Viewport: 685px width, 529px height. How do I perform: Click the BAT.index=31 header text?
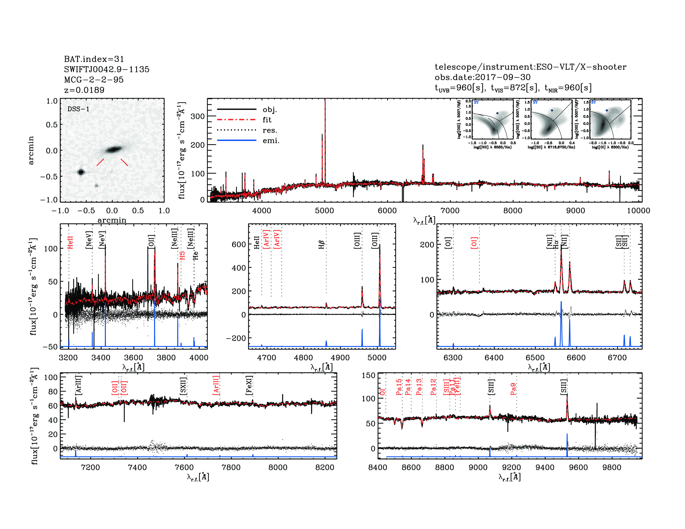(x=94, y=59)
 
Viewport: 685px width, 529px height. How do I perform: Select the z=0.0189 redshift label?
(x=84, y=90)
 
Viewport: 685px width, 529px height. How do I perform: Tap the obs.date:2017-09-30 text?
(x=482, y=77)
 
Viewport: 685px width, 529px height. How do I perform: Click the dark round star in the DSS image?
(x=81, y=172)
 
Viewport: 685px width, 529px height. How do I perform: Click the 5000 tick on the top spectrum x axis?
(x=324, y=211)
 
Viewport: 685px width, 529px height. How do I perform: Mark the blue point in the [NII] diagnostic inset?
(x=497, y=113)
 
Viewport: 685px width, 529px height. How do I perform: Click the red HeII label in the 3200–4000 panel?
(x=70, y=243)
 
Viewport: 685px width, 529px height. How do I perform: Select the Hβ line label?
(x=321, y=245)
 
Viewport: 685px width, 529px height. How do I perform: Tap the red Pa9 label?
(x=513, y=389)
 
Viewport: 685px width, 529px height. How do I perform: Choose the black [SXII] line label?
(x=183, y=386)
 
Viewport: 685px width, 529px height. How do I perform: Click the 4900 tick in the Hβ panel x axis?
(x=340, y=358)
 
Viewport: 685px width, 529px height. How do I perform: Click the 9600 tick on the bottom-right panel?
(x=578, y=467)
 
